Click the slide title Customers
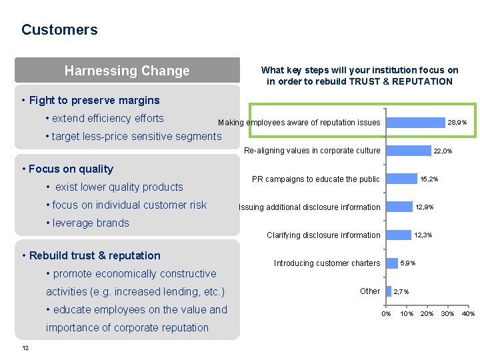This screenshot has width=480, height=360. point(59,30)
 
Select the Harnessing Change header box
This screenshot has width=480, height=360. point(127,71)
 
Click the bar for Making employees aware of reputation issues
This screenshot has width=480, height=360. point(415,122)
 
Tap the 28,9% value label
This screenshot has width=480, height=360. point(457,123)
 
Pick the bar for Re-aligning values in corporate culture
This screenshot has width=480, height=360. point(408,151)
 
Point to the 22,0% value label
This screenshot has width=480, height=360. point(443,151)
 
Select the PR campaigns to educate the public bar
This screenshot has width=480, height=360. point(401,179)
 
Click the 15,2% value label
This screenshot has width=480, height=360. point(429,179)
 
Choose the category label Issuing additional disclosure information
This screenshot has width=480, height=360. point(309,207)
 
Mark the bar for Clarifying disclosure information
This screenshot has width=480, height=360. point(399,235)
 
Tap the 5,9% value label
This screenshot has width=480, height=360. point(407,263)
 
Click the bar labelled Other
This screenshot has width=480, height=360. point(389,291)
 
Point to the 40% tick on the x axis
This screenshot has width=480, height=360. point(468,313)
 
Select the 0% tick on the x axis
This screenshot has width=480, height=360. point(386,313)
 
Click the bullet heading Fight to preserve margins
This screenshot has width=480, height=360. point(94,101)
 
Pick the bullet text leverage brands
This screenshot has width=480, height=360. point(91,223)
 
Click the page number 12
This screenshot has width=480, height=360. point(25,348)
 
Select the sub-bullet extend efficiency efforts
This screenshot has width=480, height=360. point(107,119)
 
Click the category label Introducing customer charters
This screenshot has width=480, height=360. point(327,263)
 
